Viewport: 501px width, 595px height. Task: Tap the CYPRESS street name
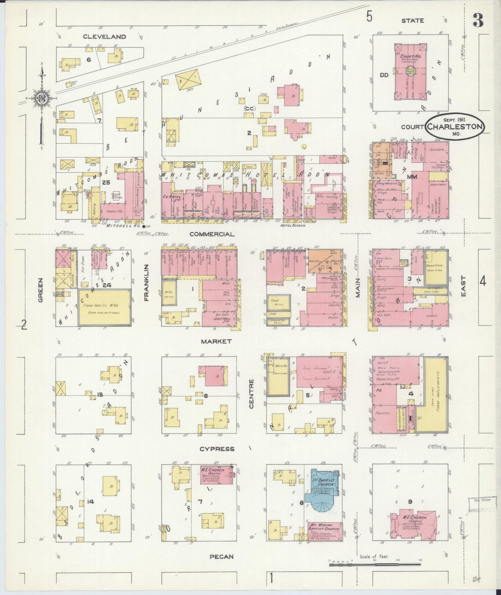coord(217,449)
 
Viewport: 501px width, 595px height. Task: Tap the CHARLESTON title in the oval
coord(455,126)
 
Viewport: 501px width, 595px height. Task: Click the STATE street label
coord(412,21)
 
